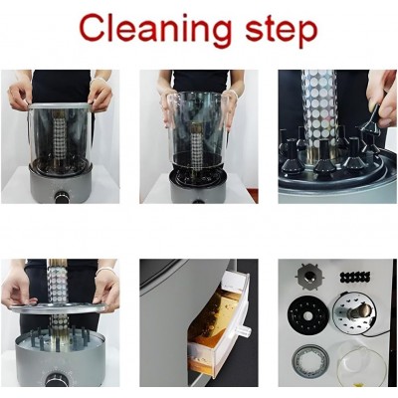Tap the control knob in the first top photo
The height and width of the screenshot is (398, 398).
(x=62, y=197)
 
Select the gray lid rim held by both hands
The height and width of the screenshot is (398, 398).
(x=60, y=106)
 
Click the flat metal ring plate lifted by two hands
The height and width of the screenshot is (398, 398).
(x=59, y=307)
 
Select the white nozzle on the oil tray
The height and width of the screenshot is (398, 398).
(x=245, y=330)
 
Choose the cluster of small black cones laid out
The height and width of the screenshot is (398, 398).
(x=355, y=277)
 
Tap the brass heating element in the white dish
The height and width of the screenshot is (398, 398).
(x=360, y=310)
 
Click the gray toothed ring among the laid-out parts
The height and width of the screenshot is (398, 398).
(x=310, y=360)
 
